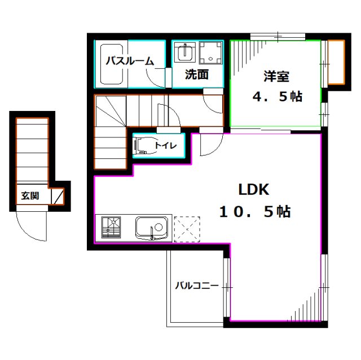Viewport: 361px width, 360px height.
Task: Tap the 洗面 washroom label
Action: (x=197, y=73)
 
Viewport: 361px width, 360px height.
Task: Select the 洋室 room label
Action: (x=276, y=77)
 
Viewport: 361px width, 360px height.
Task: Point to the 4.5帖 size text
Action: (x=277, y=96)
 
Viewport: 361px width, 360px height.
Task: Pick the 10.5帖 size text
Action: (x=255, y=212)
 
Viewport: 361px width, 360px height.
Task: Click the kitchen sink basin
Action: (x=152, y=228)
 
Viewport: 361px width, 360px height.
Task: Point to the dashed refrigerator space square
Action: (x=188, y=229)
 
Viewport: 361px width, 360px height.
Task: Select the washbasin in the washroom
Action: (x=184, y=54)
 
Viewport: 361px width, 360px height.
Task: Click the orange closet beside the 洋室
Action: (x=336, y=62)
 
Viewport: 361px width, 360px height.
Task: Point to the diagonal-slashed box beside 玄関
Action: (x=59, y=197)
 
